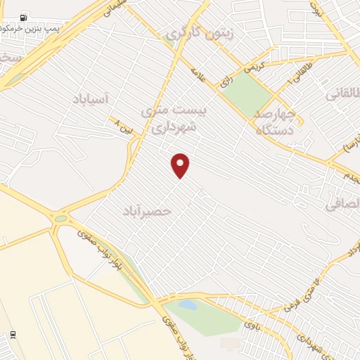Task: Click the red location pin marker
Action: [x=181, y=165]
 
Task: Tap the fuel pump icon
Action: [x=24, y=17]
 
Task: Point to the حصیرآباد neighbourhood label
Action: [x=147, y=210]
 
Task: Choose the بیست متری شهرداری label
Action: [x=167, y=119]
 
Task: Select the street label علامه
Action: [x=198, y=75]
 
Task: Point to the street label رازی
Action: [x=226, y=81]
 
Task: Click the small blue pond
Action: [x=187, y=304]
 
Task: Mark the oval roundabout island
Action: [x=60, y=219]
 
